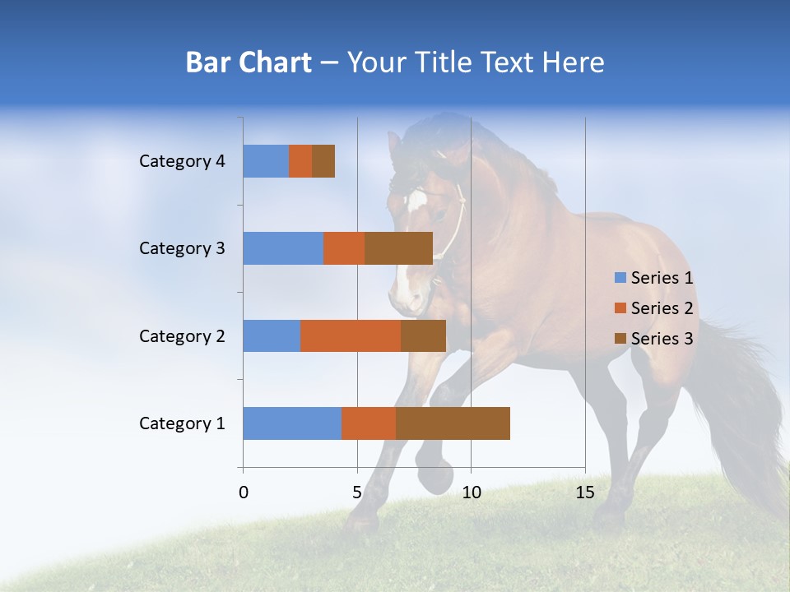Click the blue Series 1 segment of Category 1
pyautogui.click(x=292, y=423)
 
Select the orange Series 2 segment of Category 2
pyautogui.click(x=351, y=335)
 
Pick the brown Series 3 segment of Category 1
pyautogui.click(x=453, y=423)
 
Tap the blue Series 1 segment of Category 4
pyautogui.click(x=266, y=161)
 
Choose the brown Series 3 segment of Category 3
pyautogui.click(x=398, y=248)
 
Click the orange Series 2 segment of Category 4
pyautogui.click(x=300, y=161)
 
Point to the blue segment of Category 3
pyautogui.click(x=283, y=248)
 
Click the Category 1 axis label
pyautogui.click(x=182, y=423)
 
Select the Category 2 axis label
pyautogui.click(x=182, y=335)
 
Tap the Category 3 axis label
pyautogui.click(x=182, y=248)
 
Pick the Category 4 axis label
pyautogui.click(x=182, y=161)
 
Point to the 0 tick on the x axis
pyautogui.click(x=244, y=493)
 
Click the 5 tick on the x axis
pyautogui.click(x=357, y=493)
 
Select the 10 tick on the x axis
pyautogui.click(x=471, y=493)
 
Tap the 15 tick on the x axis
pyautogui.click(x=585, y=493)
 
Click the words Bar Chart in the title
pyautogui.click(x=249, y=62)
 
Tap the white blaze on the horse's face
pyautogui.click(x=416, y=201)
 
